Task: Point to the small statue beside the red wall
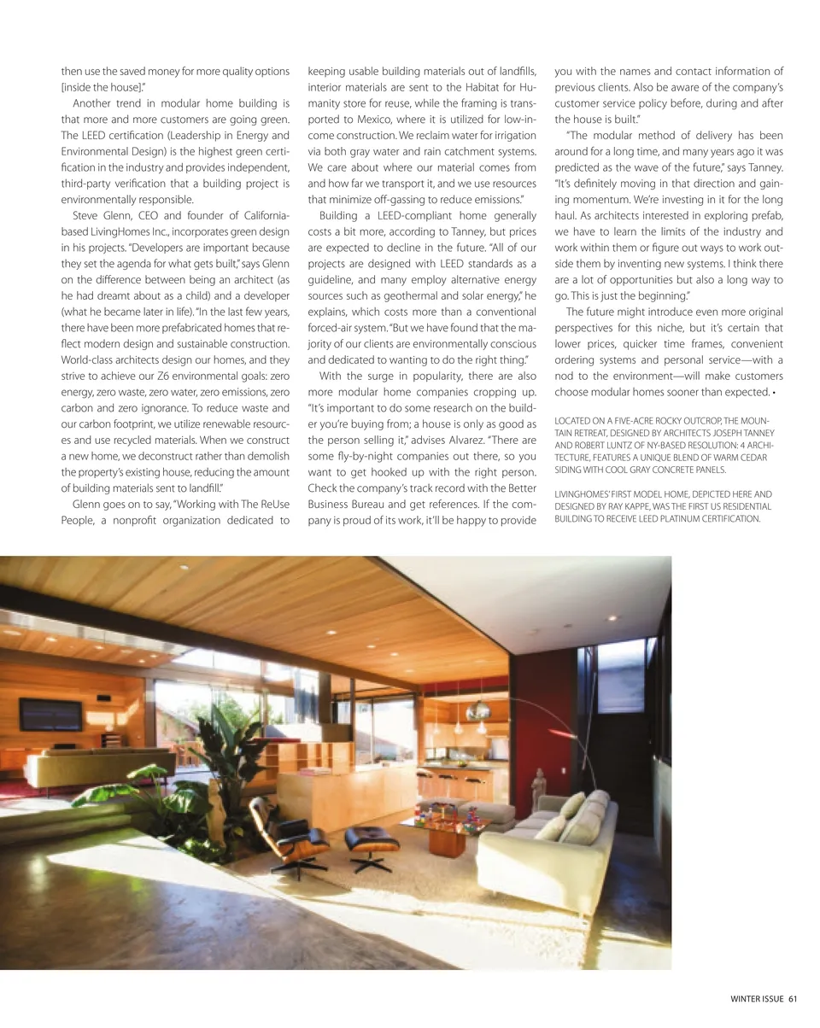point(539,784)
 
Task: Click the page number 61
point(793,1000)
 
